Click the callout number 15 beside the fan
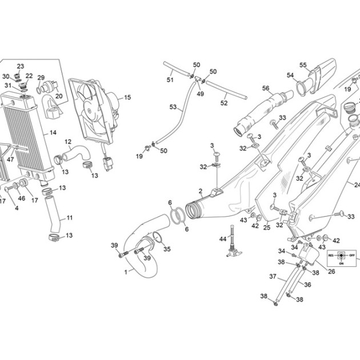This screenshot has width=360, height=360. pos(127,97)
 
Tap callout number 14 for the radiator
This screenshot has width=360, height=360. pos(53,133)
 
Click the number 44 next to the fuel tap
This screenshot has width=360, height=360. pos(223,239)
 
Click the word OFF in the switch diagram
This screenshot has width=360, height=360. pos(352,255)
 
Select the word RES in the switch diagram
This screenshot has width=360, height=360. pos(331,255)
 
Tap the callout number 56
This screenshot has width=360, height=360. pos(266,88)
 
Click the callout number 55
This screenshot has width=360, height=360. pos(303,65)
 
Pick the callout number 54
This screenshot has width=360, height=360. pos(290,75)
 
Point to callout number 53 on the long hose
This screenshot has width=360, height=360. pos(173,107)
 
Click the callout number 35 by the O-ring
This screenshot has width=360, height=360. pos(167,249)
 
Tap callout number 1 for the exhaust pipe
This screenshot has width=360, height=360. pos(126,273)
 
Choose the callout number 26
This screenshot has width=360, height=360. pos(331,271)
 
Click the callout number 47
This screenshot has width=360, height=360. pos(10,159)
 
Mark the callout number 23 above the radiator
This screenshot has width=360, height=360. pos(21,66)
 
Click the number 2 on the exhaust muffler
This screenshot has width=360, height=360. pos(201,191)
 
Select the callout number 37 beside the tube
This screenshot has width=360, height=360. pos(273,277)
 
